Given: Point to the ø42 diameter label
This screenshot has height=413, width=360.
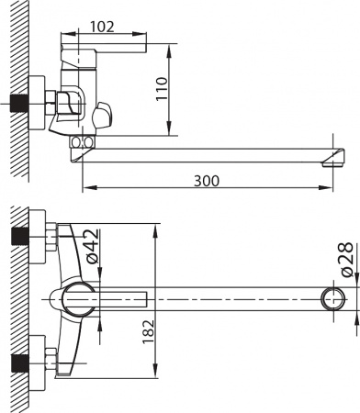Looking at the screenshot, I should tap(91, 245).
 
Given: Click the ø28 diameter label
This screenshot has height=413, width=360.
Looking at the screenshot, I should tap(344, 260).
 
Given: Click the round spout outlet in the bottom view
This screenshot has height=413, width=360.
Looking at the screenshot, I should tap(332, 298).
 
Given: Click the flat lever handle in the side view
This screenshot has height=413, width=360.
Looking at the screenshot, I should tap(106, 45).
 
